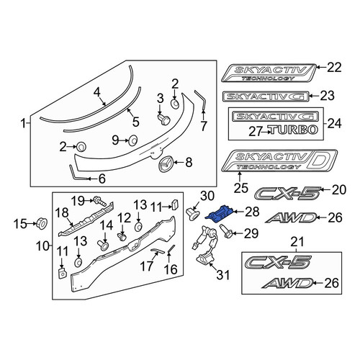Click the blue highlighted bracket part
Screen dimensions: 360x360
(218, 214)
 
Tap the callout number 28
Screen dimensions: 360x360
(251, 212)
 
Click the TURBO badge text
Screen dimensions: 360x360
(294, 130)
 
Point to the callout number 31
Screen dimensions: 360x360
(222, 274)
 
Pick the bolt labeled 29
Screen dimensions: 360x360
(224, 231)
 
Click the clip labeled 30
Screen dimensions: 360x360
(192, 214)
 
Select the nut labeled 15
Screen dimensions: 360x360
(42, 223)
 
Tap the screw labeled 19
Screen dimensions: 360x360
(100, 202)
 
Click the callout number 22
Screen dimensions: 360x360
(333, 68)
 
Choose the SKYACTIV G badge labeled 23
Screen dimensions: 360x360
(266, 96)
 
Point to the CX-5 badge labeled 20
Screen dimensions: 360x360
(287, 194)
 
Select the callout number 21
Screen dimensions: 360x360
(297, 242)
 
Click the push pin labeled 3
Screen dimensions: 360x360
(163, 119)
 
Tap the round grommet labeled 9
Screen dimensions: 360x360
(132, 140)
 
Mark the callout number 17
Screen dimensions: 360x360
(147, 266)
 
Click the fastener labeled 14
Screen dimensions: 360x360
(103, 246)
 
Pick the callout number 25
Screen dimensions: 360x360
(240, 188)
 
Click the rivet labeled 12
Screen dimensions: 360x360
(122, 237)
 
